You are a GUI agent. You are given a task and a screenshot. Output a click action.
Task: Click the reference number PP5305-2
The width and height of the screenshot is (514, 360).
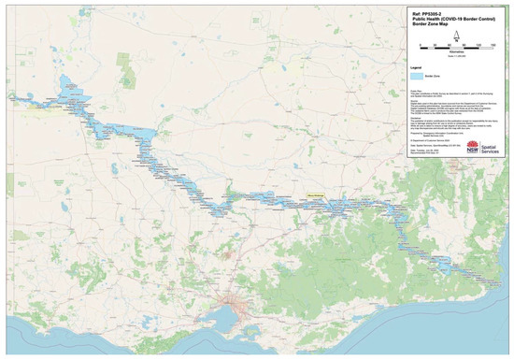[421, 14]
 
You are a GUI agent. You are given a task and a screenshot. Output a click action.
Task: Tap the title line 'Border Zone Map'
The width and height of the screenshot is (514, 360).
[427, 27]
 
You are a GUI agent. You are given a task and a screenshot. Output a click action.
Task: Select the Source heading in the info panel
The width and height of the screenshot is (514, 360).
[411, 98]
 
